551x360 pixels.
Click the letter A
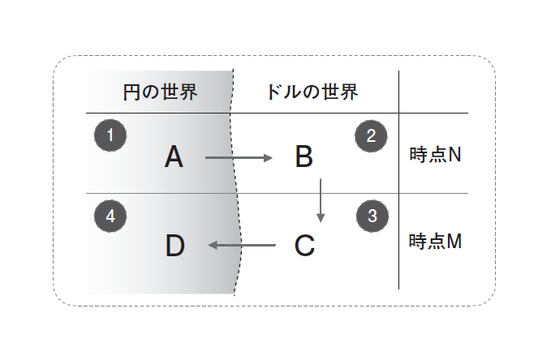coord(174,156)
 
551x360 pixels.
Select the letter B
coord(303,156)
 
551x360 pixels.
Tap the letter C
coord(304,245)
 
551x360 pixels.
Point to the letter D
coord(174,245)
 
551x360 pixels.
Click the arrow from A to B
coord(239,157)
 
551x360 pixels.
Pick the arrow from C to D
coord(242,245)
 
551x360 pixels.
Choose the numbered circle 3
coord(372,216)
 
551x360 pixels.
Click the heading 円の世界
coord(160,91)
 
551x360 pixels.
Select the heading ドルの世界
coord(312,91)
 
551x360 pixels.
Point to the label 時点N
coord(435,155)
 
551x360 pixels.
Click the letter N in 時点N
coord(454,155)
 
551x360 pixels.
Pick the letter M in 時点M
coord(455,242)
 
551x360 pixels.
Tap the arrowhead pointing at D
coord(213,245)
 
